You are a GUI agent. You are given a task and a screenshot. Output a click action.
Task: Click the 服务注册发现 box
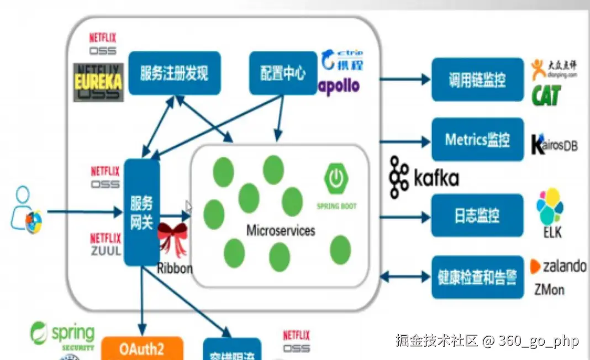(x=175, y=73)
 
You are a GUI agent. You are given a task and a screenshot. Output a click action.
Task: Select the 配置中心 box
(x=283, y=73)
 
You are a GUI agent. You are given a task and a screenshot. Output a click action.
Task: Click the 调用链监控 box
(x=477, y=80)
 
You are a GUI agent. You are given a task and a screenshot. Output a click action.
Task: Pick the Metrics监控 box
(x=477, y=140)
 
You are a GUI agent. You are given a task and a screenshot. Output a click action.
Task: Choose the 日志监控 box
(x=477, y=215)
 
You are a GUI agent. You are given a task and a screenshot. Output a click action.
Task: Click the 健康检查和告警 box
(x=477, y=277)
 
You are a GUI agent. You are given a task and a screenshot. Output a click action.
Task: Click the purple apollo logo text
(x=339, y=86)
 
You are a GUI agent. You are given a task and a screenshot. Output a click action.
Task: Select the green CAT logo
(x=546, y=96)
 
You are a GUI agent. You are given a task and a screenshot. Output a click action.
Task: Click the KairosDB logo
(x=554, y=144)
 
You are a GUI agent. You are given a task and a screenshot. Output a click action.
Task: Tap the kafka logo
(x=424, y=177)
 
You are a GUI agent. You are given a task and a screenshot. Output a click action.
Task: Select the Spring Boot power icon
(x=336, y=178)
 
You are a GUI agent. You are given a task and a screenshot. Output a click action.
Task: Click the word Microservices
(x=281, y=230)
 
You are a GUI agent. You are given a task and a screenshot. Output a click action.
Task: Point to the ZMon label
(x=549, y=289)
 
